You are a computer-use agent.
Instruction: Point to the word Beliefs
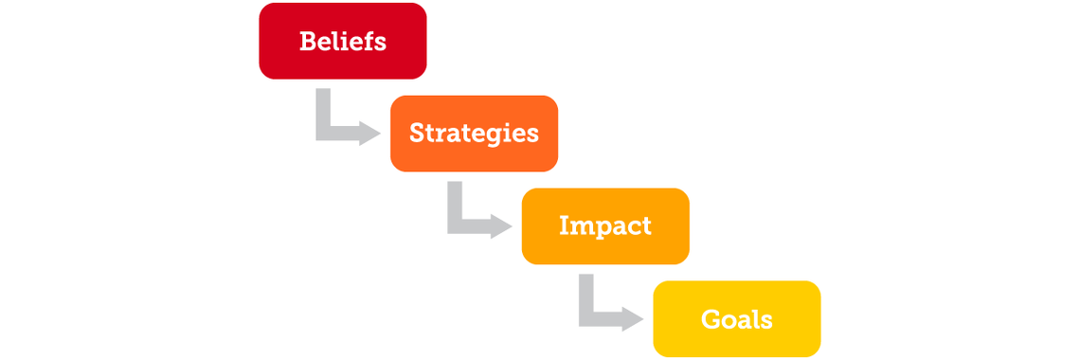[342, 42]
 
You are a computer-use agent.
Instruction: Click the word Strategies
[474, 134]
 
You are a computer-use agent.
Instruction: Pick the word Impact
[605, 226]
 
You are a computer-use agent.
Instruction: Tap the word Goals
[736, 319]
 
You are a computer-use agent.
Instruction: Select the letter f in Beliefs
[369, 41]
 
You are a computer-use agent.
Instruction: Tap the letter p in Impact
[599, 229]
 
